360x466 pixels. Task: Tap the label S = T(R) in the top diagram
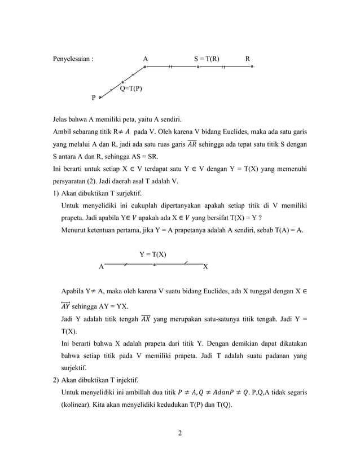[207, 58]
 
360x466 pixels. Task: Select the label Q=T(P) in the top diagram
[131, 89]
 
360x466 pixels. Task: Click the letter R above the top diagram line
[248, 58]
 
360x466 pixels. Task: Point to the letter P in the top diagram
[94, 97]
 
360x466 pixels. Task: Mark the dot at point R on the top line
[252, 67]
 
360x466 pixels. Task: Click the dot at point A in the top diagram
[145, 67]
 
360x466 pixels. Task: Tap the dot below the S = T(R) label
[198, 67]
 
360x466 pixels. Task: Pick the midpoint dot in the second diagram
[154, 263]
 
